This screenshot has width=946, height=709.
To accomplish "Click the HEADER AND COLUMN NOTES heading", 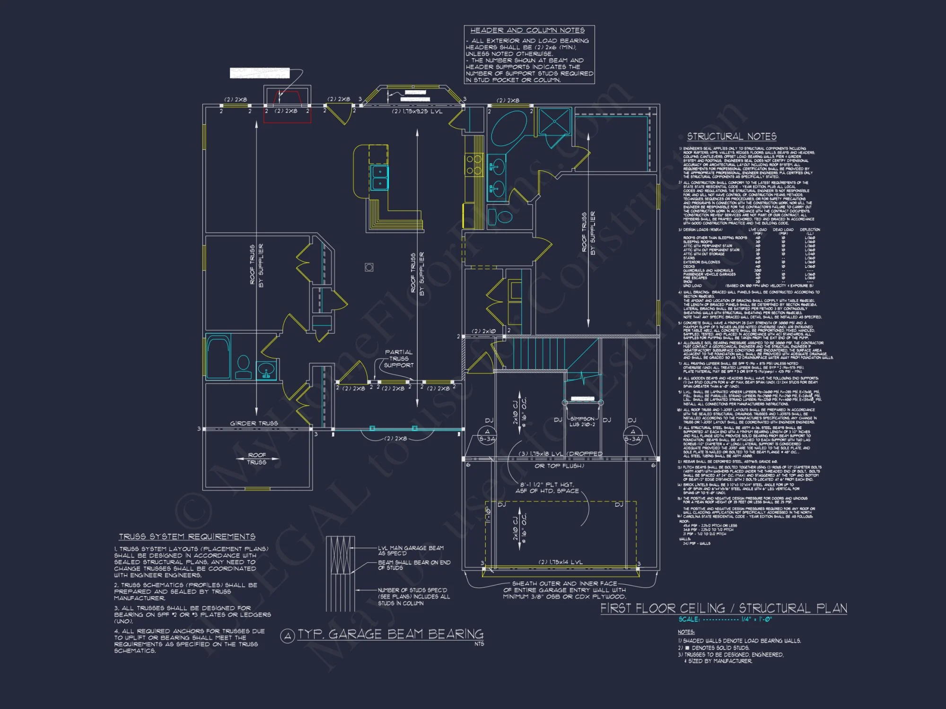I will point(527,30).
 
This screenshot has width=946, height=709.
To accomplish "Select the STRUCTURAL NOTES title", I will point(732,137).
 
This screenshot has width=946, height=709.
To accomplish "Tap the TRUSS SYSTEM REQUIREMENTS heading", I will point(187,536).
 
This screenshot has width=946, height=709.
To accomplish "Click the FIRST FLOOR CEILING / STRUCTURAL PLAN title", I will point(724,608).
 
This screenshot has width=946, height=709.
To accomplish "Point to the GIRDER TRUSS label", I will point(254,423).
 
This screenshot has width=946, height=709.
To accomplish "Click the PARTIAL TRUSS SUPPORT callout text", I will point(398,359).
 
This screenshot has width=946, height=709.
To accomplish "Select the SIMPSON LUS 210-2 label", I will point(582,422).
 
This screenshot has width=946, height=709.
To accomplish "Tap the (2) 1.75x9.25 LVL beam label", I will point(417,112).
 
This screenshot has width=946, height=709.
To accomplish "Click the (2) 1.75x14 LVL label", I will point(561,562).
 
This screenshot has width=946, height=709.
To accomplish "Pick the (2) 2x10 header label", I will point(483,331).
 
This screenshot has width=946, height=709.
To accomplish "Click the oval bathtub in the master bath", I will point(509,127).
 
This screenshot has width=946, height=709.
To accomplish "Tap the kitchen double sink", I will point(379,177).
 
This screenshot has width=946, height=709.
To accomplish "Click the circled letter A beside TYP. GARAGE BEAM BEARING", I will point(288,636).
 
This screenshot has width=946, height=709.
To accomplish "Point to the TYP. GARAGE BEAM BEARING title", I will point(390,634).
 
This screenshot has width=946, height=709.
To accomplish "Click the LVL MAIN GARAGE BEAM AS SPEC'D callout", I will point(410,551).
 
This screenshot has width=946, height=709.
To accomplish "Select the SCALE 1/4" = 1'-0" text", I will point(725,619).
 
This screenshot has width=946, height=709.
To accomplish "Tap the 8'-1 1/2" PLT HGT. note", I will point(547,488).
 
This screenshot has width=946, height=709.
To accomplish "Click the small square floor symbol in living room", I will point(369,268).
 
